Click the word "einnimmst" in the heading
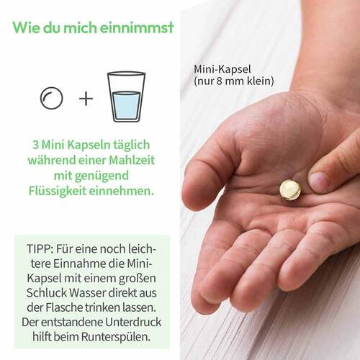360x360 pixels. [137, 27]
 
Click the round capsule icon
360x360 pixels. [52, 98]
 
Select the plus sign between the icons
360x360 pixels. [86, 99]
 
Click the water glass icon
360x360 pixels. [126, 96]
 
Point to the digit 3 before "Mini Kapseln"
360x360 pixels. [35, 145]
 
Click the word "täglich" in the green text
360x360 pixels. [132, 145]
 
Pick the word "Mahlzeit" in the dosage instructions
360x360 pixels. [132, 160]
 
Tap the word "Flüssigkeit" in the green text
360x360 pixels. [58, 191]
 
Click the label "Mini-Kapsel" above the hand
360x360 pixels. [222, 70]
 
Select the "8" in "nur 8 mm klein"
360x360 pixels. [219, 81]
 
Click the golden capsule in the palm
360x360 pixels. [290, 190]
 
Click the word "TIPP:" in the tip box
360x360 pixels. [40, 249]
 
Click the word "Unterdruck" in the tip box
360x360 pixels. [133, 323]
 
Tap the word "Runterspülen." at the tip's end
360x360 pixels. [116, 337]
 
